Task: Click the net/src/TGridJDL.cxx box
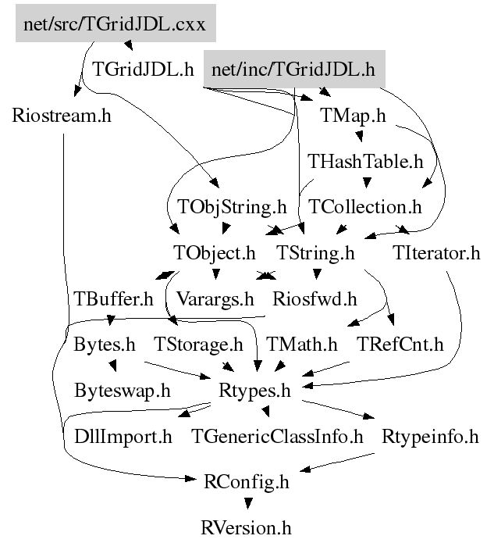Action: [x=114, y=25]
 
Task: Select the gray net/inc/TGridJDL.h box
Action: [x=293, y=70]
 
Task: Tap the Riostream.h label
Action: [x=62, y=116]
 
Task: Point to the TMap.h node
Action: [x=353, y=116]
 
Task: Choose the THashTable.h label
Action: [x=364, y=162]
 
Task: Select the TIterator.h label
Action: [x=436, y=253]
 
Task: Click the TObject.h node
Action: [x=213, y=253]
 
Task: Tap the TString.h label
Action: [x=315, y=253]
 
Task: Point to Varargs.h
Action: [x=215, y=298]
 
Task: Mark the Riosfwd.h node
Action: [x=314, y=298]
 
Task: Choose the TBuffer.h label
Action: [x=114, y=298]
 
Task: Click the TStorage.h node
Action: [x=198, y=344]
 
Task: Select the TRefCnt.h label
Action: [x=400, y=344]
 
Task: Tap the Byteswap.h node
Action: [x=122, y=390]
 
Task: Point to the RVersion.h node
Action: [x=245, y=527]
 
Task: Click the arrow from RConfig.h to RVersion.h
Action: [x=246, y=504]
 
